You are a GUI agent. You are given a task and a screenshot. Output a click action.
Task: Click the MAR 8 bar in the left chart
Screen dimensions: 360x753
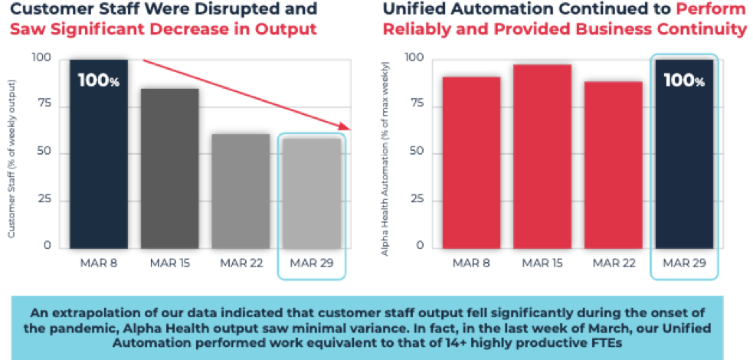click(x=99, y=153)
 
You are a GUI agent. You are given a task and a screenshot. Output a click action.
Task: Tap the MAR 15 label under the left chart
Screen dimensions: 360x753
click(x=170, y=263)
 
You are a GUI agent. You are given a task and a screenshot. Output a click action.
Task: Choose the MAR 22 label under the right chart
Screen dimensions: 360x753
click(x=613, y=263)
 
